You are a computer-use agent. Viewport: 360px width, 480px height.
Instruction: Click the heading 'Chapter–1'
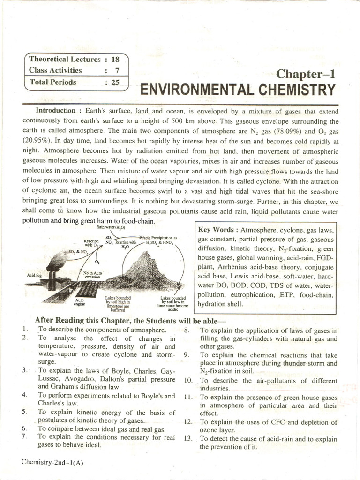[306, 74]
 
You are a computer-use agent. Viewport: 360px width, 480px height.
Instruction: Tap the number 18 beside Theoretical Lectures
[115, 60]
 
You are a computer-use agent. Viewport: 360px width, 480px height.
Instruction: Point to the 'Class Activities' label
[55, 70]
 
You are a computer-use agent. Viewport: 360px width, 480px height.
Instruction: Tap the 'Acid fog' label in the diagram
[34, 275]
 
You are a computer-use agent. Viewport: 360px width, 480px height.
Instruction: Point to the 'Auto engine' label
[79, 302]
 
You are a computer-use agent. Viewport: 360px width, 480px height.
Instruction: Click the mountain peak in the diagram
[151, 255]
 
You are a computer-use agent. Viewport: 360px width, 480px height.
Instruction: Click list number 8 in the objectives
[187, 330]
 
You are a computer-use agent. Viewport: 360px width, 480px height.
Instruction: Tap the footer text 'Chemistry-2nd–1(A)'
[52, 462]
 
